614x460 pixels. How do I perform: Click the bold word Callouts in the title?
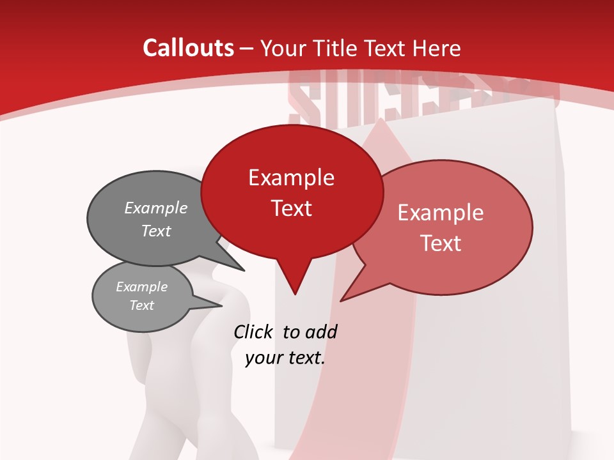188,48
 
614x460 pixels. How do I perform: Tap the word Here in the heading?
437,48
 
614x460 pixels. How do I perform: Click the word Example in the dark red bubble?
291,178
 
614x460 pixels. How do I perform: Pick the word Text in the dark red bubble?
292,208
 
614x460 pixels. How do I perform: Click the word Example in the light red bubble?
441,213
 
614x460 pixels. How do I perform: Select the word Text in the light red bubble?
441,243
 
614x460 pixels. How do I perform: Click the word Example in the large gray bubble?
156,208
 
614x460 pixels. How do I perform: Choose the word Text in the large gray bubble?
156,231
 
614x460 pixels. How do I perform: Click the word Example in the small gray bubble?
141,287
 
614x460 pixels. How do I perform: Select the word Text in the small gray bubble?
141,305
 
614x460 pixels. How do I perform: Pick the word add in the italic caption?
320,332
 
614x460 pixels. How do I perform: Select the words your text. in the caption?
285,358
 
